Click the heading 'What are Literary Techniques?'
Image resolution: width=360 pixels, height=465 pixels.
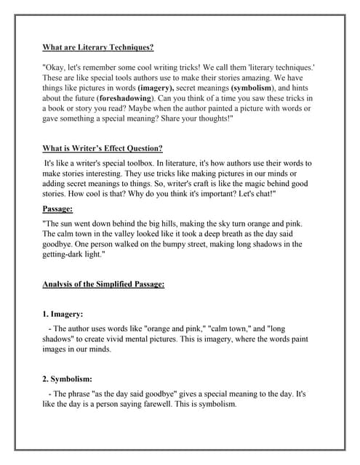click(x=97, y=47)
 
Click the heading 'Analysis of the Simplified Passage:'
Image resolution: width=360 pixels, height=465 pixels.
click(x=103, y=284)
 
